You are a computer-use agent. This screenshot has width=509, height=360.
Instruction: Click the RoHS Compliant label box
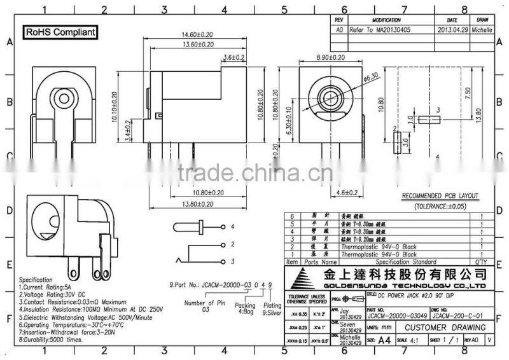pyautogui.click(x=60, y=32)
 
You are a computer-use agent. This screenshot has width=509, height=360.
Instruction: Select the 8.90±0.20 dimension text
pyautogui.click(x=331, y=57)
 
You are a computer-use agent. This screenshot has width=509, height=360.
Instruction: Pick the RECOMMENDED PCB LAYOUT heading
pyautogui.click(x=440, y=196)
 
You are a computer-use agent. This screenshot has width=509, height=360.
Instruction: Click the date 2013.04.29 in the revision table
pyautogui.click(x=453, y=29)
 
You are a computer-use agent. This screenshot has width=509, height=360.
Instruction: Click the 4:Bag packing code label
pyautogui.click(x=245, y=312)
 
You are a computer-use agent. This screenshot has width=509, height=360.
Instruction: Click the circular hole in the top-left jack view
pyautogui.click(x=66, y=99)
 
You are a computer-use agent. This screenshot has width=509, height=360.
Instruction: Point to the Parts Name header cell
pyautogui.click(x=320, y=261)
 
